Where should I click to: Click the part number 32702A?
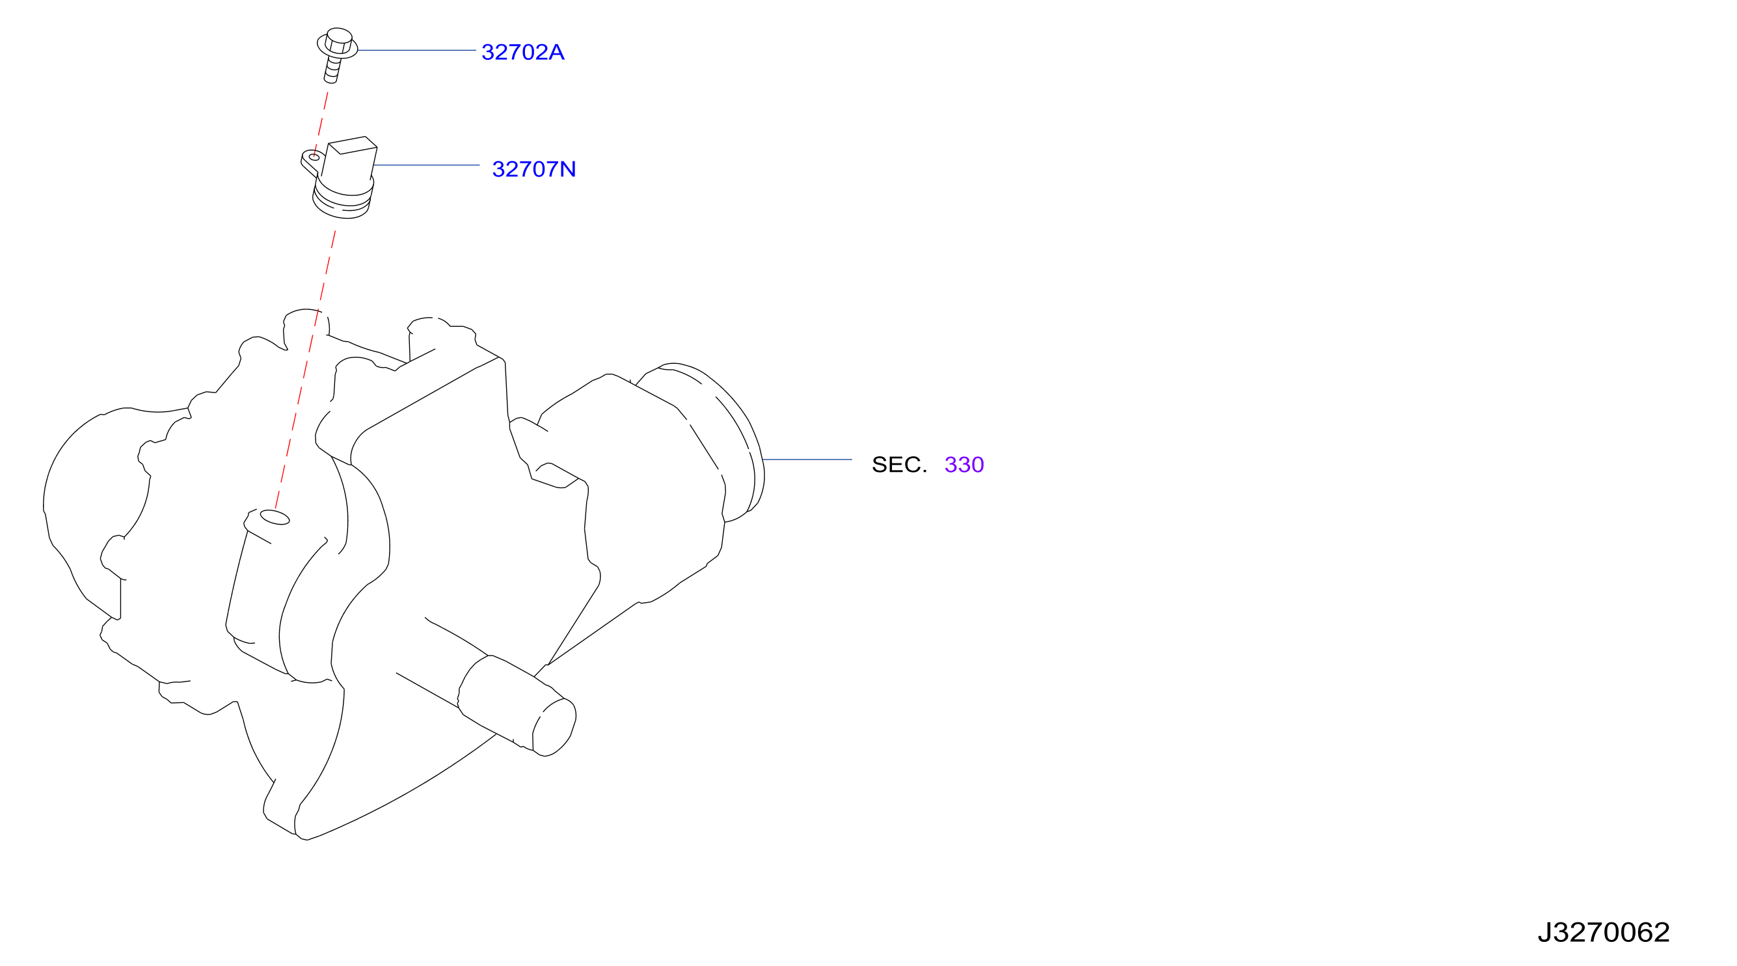(x=522, y=52)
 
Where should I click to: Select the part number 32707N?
(x=534, y=169)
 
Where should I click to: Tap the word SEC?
(x=900, y=465)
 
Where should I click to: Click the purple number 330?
(x=964, y=465)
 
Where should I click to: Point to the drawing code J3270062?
(x=1604, y=933)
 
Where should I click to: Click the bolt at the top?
(x=336, y=55)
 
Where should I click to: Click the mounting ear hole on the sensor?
(x=314, y=157)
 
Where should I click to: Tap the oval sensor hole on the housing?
(x=275, y=517)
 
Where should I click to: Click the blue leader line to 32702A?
(x=417, y=50)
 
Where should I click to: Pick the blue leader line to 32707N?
(x=426, y=165)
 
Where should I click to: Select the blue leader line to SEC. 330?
(x=807, y=460)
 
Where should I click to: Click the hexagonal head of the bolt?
(x=338, y=40)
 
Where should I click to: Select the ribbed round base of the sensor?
(x=343, y=199)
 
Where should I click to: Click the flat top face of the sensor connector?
(x=353, y=145)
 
